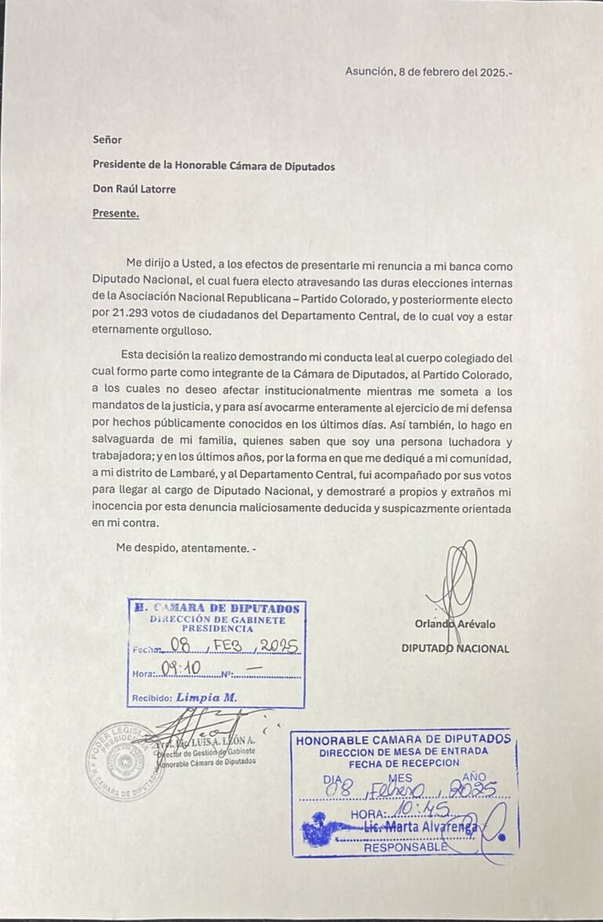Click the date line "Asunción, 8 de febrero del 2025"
tap(428, 71)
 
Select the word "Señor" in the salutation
tap(107, 139)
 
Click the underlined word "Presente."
tap(116, 212)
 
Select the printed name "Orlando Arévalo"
tap(455, 624)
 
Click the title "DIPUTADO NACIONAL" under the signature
tap(455, 649)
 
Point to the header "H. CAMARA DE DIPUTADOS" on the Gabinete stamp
tap(216, 609)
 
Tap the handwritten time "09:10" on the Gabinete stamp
tap(181, 669)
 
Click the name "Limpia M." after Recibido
tap(207, 697)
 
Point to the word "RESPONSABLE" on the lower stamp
tap(406, 847)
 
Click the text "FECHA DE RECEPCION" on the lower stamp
tap(404, 762)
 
